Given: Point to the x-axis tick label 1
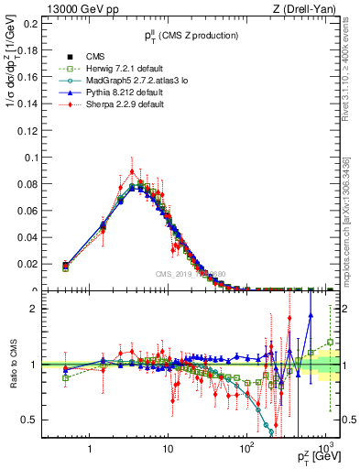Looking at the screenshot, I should point(89,450).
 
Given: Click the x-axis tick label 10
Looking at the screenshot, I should point(168,450).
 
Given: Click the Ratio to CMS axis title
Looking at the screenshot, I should point(13,365).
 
